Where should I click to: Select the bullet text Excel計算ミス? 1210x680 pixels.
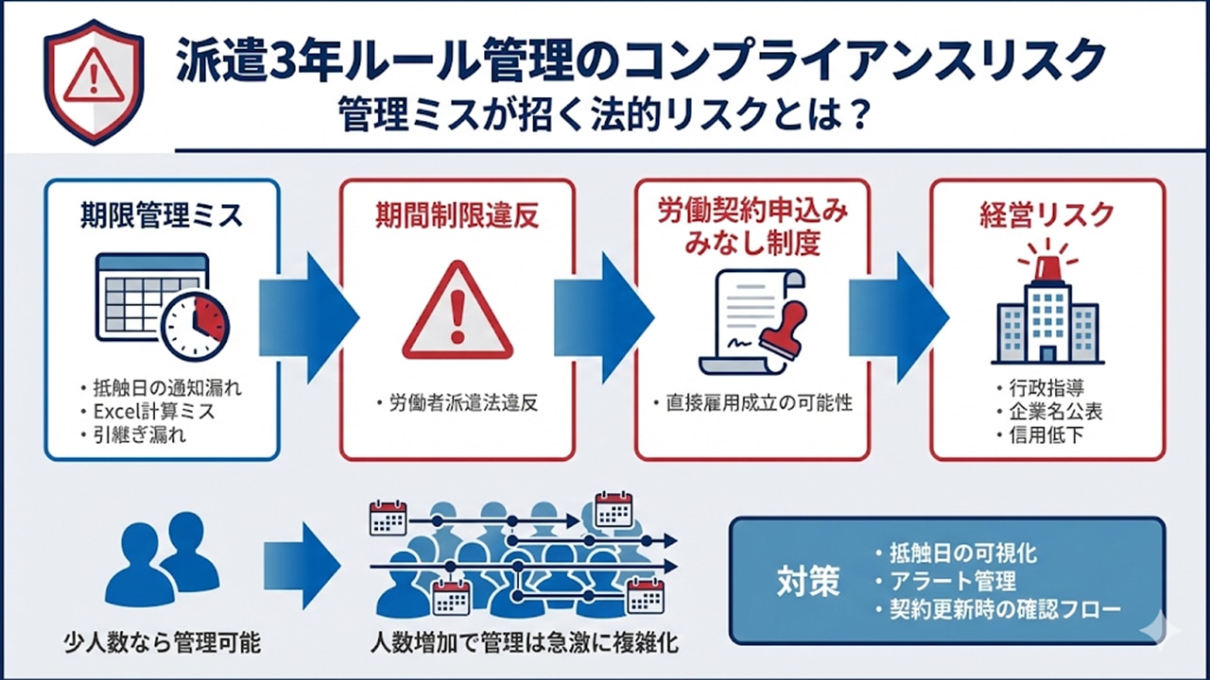point(153,411)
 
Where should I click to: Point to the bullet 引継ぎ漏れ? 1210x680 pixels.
point(140,435)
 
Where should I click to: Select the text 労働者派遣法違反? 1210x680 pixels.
point(463,403)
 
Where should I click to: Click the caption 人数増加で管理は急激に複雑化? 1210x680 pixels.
point(524,644)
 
